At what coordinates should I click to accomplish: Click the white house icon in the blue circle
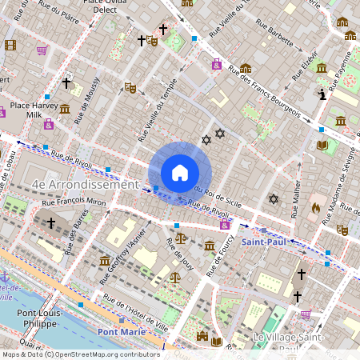[179, 173]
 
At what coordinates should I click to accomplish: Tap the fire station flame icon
[315, 207]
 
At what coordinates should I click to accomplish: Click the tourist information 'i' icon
[322, 94]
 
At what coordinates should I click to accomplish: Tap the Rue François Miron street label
[79, 206]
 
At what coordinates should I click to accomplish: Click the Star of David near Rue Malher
[273, 198]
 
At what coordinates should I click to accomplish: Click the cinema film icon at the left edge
[10, 45]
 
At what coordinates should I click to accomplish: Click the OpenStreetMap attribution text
[80, 354]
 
